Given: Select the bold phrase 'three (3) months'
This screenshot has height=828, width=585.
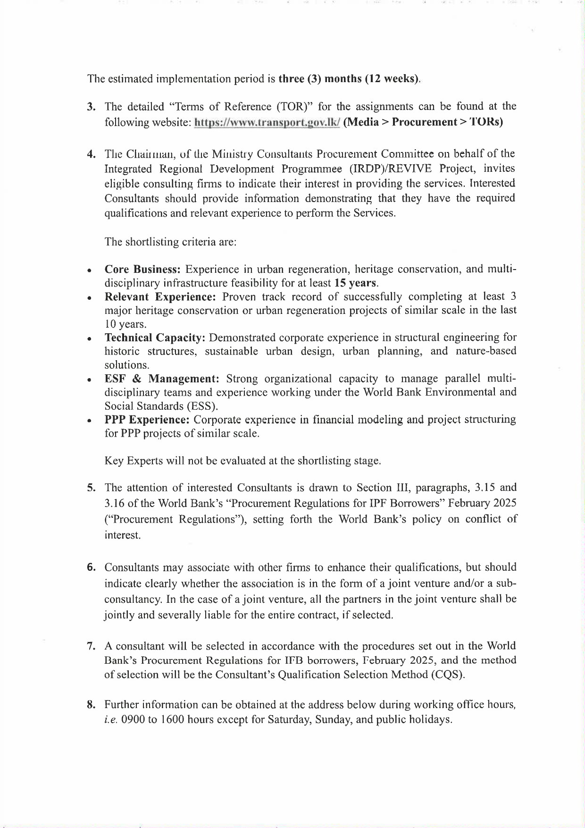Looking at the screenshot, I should (x=320, y=79).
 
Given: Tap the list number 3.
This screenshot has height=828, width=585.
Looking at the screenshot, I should (x=91, y=106).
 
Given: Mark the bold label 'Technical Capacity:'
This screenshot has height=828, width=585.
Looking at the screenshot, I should (x=155, y=338).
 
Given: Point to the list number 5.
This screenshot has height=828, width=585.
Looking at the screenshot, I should (x=91, y=488).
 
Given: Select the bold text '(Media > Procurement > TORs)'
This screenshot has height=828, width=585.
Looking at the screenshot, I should (x=423, y=122).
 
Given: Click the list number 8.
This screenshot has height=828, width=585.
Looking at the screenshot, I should (x=91, y=705).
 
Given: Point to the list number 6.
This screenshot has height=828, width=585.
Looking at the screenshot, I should (x=91, y=567).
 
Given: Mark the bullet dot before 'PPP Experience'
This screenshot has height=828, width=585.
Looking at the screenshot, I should (x=89, y=421).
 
